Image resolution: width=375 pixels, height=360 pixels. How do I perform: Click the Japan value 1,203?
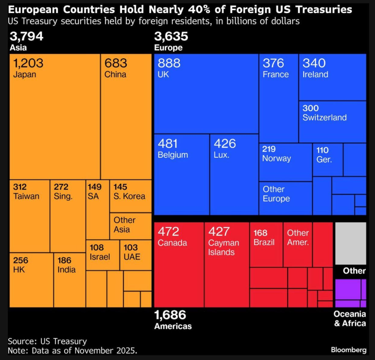tap(29, 63)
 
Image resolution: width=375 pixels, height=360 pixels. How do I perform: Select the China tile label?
tap(115, 75)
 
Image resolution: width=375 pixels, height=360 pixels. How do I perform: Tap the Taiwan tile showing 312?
tap(29, 216)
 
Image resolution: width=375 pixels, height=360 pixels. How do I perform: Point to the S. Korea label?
tap(130, 196)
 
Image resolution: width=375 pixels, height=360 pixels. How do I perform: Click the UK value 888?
tap(169, 63)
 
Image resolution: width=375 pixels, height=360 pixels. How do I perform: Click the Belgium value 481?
tap(168, 144)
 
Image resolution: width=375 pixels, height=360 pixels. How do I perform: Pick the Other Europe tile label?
tap(276, 194)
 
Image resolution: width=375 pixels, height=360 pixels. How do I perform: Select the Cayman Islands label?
tap(223, 247)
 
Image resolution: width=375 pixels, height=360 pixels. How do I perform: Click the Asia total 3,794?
tap(26, 36)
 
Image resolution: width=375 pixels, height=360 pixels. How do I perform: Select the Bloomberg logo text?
tap(348, 350)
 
